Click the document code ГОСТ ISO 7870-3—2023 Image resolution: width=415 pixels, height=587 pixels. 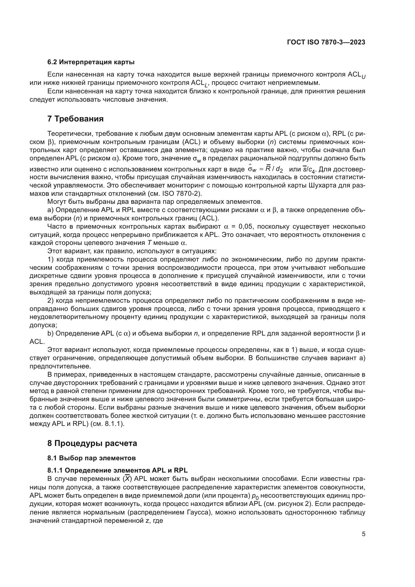(x=326, y=42)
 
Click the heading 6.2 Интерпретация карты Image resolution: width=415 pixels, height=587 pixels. (x=91, y=62)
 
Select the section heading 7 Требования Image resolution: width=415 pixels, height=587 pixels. (x=75, y=119)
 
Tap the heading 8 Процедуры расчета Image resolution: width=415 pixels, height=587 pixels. (x=92, y=443)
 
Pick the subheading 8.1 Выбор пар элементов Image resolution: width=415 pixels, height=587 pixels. (x=91, y=458)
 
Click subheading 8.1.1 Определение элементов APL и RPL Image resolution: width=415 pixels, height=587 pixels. (x=117, y=470)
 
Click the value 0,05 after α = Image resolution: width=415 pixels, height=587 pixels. (x=245, y=227)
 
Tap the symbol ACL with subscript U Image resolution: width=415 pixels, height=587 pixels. (x=357, y=75)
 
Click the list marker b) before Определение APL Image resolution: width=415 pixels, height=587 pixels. (x=50, y=333)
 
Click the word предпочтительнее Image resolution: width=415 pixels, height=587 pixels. (x=60, y=366)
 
